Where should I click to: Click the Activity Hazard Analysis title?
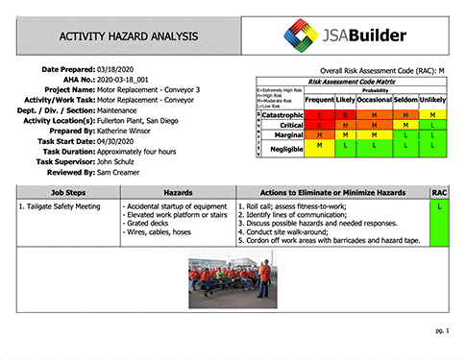coord(130,36)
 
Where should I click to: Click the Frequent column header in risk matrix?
coord(319,100)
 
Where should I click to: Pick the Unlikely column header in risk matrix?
coord(433,100)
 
